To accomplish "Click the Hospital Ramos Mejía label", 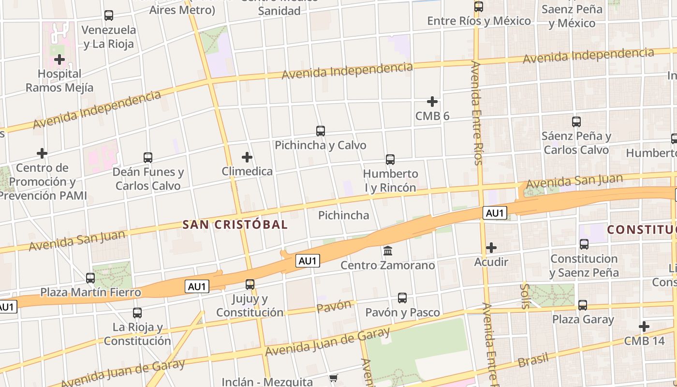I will tap(59, 81).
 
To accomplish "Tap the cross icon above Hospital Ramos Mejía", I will tap(59, 60).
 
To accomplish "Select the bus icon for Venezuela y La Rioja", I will tap(109, 15).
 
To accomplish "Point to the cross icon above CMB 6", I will tap(432, 102).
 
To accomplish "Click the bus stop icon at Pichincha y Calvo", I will tap(320, 131).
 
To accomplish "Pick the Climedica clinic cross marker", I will tap(247, 157).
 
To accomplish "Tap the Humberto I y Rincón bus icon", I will tap(390, 159).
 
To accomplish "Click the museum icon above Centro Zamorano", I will tap(388, 251).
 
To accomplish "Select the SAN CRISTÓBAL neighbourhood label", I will tap(235, 224).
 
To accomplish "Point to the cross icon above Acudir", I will tap(491, 248).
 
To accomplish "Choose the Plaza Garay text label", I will tap(583, 319).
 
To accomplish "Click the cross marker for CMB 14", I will tap(644, 327).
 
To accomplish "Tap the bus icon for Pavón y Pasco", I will tap(402, 298).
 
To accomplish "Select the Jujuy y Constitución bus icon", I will tap(250, 284).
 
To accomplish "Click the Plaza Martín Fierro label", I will tap(90, 292).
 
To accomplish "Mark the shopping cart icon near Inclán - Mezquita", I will tap(333, 378).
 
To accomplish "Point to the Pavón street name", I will tap(334, 306).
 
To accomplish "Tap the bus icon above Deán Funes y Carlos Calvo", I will tap(148, 157).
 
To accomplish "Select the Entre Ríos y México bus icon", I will tap(479, 7).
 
